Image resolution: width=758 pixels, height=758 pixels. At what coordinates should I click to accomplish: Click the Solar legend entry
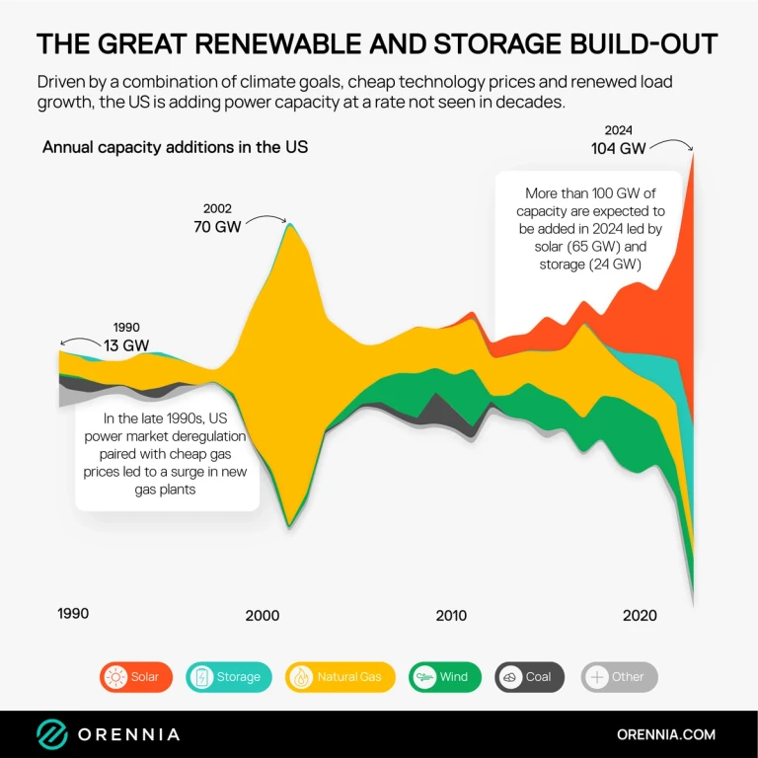(136, 677)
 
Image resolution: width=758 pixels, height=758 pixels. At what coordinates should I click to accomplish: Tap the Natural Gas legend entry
(340, 677)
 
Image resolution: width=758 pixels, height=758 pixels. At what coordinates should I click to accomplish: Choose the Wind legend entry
(442, 677)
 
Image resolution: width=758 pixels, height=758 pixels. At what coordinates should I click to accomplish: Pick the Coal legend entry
(529, 677)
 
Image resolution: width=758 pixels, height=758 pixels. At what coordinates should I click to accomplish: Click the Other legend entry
(619, 677)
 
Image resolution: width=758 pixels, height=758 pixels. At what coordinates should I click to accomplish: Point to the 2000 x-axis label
(262, 615)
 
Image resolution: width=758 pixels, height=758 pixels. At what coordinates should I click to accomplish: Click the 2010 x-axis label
(451, 615)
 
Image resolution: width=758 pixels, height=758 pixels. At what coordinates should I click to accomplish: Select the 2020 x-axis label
(640, 615)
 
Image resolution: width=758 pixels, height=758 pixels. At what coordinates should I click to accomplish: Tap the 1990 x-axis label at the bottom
(73, 613)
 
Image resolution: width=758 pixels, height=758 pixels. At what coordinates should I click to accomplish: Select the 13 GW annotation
(127, 344)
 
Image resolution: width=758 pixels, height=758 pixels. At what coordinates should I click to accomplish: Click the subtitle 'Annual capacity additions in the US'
(175, 147)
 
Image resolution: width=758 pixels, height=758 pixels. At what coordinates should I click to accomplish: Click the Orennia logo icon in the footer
(52, 734)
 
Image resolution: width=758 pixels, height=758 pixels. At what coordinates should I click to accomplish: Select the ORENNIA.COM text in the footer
(665, 734)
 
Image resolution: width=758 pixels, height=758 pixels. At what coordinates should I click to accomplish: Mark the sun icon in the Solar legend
(115, 677)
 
